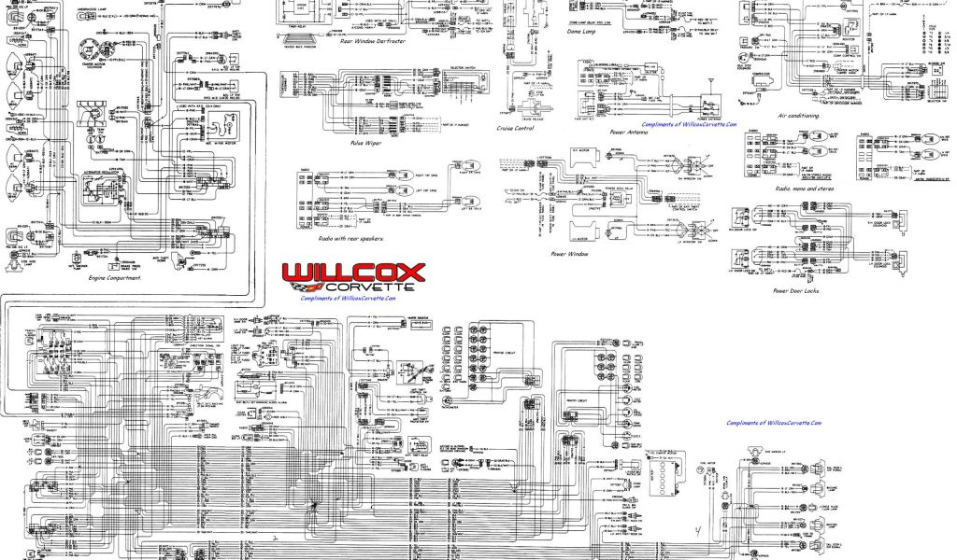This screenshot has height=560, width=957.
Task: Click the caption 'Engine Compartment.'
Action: click(115, 277)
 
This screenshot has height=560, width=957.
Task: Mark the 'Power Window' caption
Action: click(571, 252)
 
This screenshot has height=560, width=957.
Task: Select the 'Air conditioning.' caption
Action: click(798, 116)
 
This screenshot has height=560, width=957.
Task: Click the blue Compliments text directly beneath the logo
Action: click(348, 299)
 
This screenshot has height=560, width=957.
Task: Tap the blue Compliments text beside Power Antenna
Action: click(689, 123)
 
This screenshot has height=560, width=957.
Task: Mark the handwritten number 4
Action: click(697, 533)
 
